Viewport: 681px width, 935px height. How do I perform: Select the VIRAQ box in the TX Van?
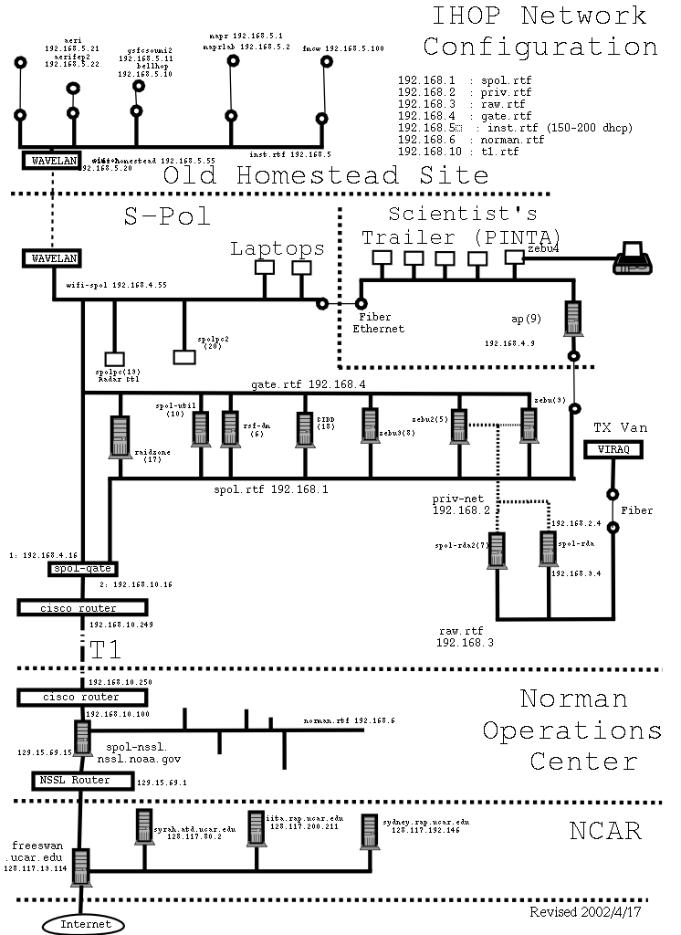point(614,449)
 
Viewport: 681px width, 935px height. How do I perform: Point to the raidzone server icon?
point(119,436)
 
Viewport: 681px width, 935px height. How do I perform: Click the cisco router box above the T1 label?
point(81,607)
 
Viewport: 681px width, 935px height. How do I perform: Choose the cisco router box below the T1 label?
point(81,698)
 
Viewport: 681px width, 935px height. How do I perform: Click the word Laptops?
point(277,247)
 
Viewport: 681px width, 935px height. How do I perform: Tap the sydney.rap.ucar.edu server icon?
point(369,831)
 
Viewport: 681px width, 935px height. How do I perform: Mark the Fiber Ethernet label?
point(378,321)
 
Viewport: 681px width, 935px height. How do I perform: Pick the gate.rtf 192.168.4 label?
point(309,386)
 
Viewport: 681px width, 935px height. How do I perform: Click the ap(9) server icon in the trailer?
point(574,319)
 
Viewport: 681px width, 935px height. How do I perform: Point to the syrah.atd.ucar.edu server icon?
point(141,828)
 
